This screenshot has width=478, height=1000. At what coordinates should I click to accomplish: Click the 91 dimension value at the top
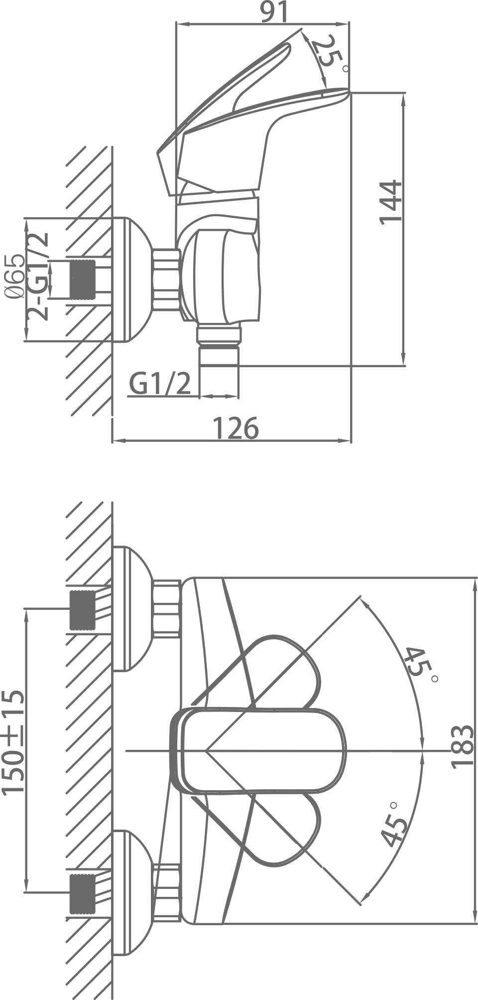(274, 12)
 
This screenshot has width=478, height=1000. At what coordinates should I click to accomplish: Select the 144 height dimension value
(391, 202)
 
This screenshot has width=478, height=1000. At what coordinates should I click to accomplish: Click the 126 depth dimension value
(236, 428)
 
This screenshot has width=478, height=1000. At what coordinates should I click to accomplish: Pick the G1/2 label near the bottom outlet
(160, 383)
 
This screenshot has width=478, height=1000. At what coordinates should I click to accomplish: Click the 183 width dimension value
(462, 747)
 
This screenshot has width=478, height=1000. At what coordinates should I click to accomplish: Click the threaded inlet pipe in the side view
(83, 280)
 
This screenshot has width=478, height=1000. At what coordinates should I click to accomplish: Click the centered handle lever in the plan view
(259, 750)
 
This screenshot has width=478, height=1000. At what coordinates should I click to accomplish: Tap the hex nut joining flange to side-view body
(166, 280)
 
